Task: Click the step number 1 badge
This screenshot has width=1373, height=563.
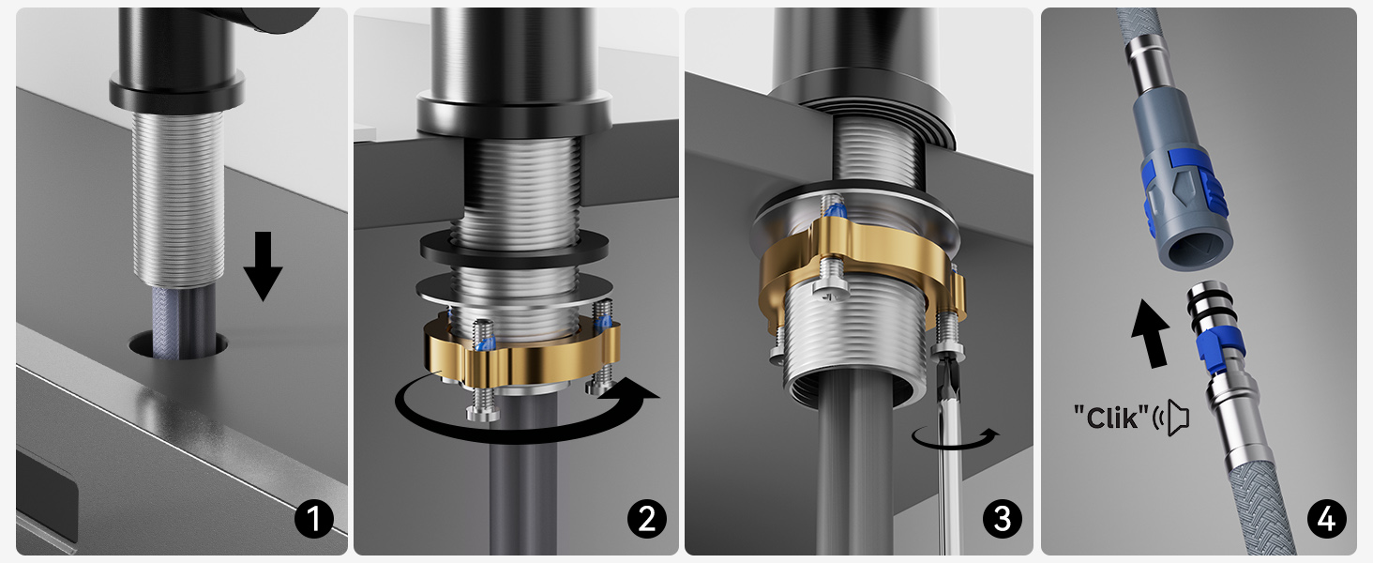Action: pos(314,519)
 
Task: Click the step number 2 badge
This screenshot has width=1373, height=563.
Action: pos(647,519)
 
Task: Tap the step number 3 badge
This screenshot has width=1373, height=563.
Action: pos(1003,519)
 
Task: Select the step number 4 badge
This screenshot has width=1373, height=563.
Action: pos(1326,519)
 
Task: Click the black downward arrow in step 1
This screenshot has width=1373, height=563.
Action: pos(263,266)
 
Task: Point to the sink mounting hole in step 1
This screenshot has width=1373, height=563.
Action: pos(178,344)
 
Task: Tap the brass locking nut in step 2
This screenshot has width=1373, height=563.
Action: pos(521,357)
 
